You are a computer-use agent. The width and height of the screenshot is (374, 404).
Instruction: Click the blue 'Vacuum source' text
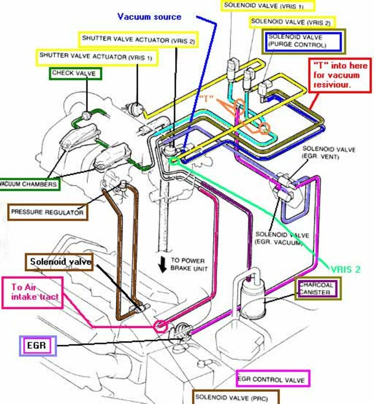[149, 17]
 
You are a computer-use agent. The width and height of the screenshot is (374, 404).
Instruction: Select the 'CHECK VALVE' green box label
[74, 74]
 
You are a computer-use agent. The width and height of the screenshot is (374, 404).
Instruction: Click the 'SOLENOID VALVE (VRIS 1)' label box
[268, 6]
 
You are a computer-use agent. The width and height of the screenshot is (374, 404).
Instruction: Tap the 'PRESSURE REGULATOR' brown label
[48, 212]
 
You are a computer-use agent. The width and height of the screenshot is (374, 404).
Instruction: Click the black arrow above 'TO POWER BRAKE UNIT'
[163, 265]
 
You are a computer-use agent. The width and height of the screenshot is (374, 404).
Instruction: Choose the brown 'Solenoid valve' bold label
[59, 262]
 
